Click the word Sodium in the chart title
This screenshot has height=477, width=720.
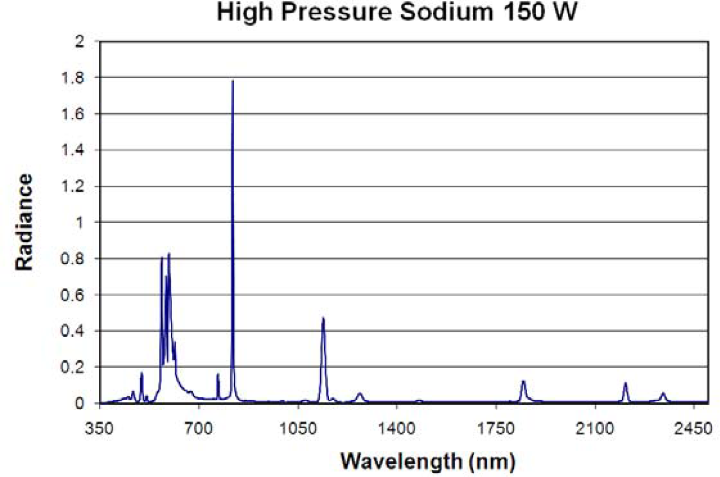[446, 12]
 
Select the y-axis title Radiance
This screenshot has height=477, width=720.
[24, 222]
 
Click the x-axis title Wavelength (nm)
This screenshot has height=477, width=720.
[428, 461]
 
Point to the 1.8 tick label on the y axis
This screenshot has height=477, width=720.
[73, 78]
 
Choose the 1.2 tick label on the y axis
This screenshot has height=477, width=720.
[73, 187]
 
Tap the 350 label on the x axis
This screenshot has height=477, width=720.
[99, 428]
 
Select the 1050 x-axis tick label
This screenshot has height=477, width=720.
[298, 428]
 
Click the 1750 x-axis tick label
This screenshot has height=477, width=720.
[496, 428]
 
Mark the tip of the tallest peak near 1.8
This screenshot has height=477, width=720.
[232, 82]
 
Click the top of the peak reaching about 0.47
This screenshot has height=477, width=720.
[323, 318]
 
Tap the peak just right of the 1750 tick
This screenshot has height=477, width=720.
[523, 382]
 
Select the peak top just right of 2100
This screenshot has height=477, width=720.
[626, 383]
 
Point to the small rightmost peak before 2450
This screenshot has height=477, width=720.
[663, 394]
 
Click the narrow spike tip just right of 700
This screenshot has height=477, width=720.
[218, 374]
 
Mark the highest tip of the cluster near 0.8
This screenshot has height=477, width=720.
[169, 254]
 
